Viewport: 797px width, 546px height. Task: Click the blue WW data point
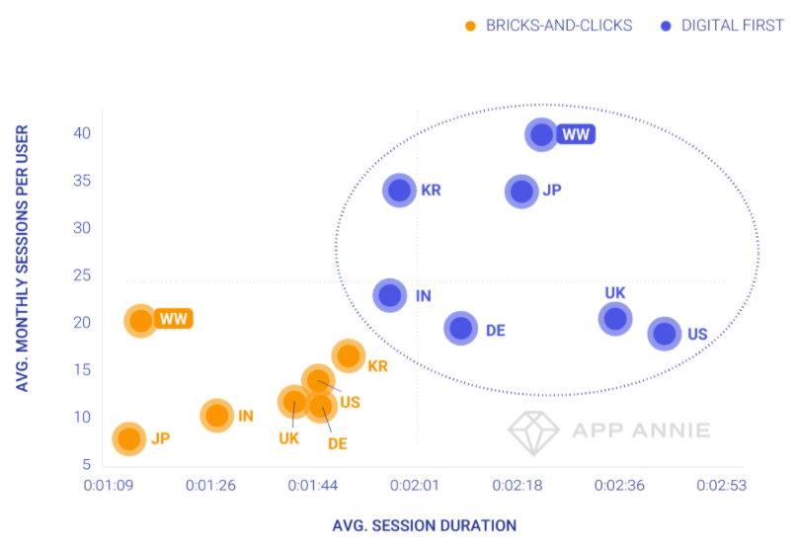(541, 134)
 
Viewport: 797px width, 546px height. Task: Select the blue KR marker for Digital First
(399, 191)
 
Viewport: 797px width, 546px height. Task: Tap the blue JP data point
(521, 191)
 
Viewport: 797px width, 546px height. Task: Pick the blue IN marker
(390, 294)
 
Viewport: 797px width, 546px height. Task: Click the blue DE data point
(460, 329)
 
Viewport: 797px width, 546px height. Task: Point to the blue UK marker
(615, 318)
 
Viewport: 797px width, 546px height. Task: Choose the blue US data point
(664, 334)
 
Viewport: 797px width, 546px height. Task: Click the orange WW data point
(141, 320)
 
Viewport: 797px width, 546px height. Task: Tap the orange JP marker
(129, 437)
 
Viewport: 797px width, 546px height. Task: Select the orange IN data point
(217, 416)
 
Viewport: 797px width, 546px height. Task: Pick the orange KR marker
(348, 356)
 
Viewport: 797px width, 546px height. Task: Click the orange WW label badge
(174, 319)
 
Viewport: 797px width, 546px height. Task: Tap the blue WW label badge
(576, 134)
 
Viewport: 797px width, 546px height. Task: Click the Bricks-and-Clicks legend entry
(549, 26)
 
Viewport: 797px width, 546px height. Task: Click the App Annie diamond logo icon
(533, 430)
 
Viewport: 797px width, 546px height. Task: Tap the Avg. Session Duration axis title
(424, 525)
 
